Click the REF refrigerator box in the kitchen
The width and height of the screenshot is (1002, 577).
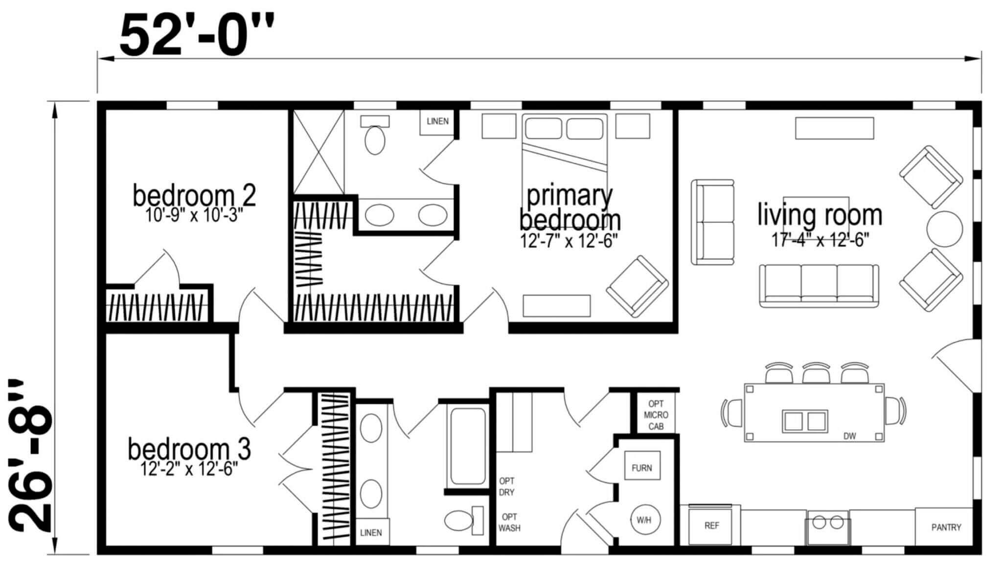tap(711, 525)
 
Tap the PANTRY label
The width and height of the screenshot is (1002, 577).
tap(946, 528)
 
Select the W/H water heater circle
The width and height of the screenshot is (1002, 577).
tap(644, 520)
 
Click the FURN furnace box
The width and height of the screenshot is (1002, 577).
tap(642, 468)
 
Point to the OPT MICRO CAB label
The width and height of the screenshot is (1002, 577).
tap(656, 415)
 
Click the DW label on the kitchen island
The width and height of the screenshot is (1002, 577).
tap(850, 436)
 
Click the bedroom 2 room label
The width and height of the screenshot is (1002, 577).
tap(194, 195)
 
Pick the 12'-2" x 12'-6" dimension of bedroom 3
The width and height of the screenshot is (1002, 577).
tap(189, 469)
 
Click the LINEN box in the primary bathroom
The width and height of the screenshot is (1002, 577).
tap(437, 122)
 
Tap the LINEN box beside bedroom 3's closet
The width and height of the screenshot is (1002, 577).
tap(371, 532)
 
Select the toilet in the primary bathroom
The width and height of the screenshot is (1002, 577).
tap(375, 134)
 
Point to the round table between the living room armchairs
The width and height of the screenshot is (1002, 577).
tap(945, 229)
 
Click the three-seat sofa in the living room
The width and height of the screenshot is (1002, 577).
tap(819, 286)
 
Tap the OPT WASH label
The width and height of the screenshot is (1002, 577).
tap(509, 522)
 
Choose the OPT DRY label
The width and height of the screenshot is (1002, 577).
tap(507, 486)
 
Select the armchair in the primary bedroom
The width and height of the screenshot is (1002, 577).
tap(637, 286)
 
